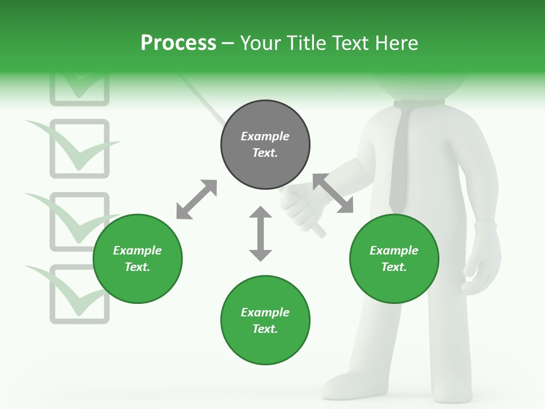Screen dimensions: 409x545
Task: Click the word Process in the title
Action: pos(178,43)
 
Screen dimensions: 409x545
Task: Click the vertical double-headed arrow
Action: pos(261,233)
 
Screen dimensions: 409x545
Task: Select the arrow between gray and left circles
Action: pos(196,199)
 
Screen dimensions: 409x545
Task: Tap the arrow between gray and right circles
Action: pos(333,193)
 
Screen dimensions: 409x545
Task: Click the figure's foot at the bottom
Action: pos(346,386)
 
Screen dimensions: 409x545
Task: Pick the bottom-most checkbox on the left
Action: pos(79,294)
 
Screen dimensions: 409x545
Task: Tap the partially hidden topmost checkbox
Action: pos(79,91)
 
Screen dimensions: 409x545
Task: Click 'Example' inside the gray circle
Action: pos(265,136)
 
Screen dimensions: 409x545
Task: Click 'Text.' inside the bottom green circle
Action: pos(265,329)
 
